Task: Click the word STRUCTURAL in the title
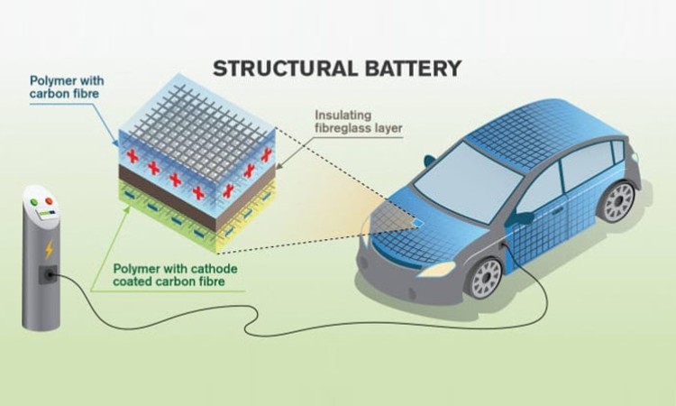click(x=285, y=69)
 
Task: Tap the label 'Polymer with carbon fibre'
click(x=67, y=88)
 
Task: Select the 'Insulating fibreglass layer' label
click(x=358, y=122)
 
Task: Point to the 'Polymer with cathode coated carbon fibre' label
click(x=175, y=275)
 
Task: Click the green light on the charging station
click(x=34, y=201)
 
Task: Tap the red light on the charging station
click(x=49, y=201)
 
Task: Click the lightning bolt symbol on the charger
click(x=50, y=249)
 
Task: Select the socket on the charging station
click(x=48, y=274)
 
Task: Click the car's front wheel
click(x=487, y=277)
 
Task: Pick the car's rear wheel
click(x=619, y=202)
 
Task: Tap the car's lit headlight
click(x=437, y=270)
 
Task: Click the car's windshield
click(x=468, y=182)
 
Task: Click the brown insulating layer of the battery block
click(x=196, y=195)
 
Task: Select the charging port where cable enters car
click(x=503, y=247)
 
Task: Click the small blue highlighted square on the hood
click(x=418, y=223)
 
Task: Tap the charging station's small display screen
click(x=46, y=214)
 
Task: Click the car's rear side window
click(x=584, y=167)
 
